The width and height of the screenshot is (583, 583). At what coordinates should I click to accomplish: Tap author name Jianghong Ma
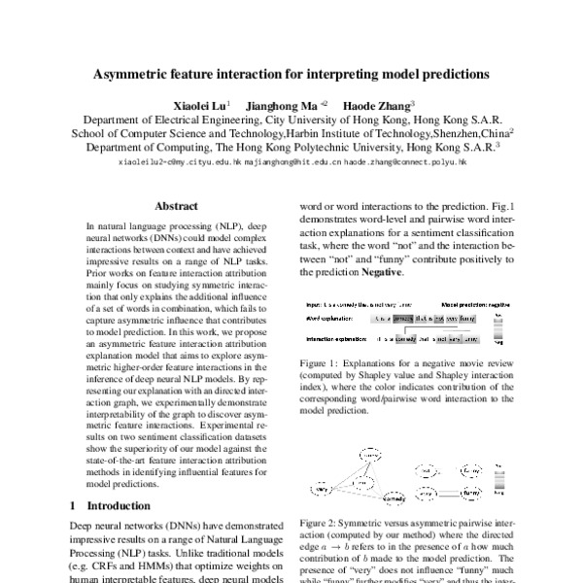coord(278,104)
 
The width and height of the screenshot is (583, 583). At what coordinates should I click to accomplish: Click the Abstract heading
coord(178,206)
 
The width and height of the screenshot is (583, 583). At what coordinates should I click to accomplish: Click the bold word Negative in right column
coord(383,274)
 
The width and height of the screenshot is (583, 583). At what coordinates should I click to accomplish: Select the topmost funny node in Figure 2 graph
coord(370,455)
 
